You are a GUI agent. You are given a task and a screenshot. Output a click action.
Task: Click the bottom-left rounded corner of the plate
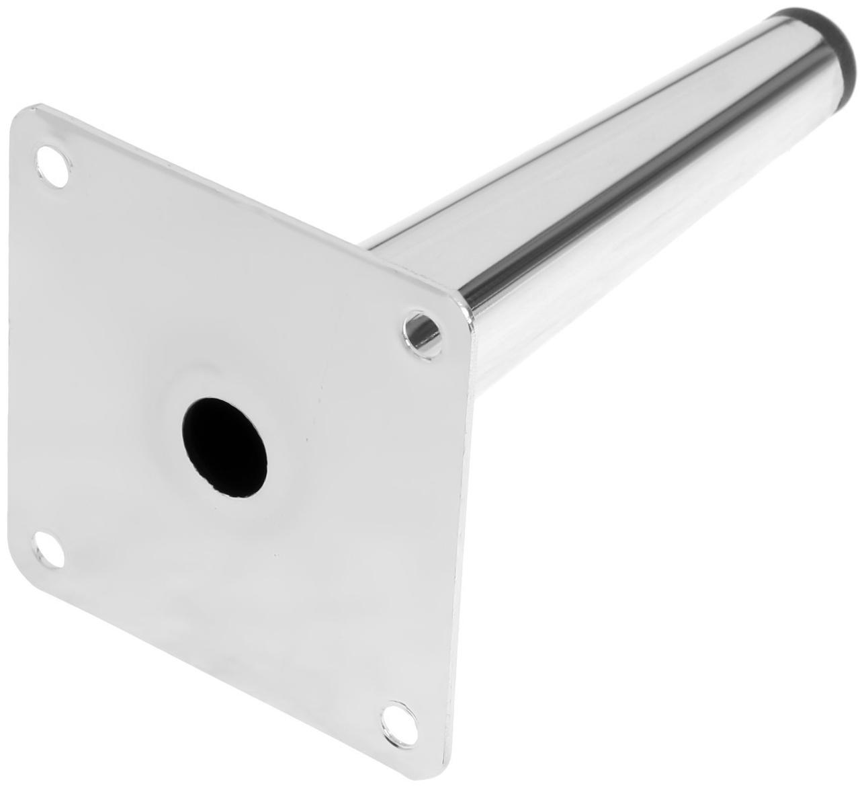[x=27, y=572]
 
